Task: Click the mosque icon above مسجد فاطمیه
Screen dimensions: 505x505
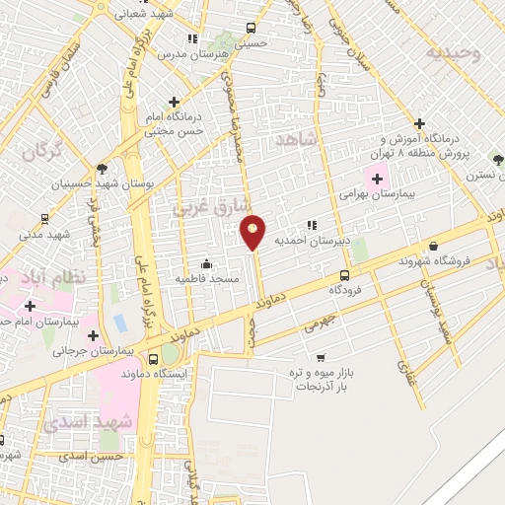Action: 205,263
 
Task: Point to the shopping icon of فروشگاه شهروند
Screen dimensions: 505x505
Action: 433,247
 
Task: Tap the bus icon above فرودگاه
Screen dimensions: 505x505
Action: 344,276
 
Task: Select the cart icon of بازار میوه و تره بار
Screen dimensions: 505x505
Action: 321,358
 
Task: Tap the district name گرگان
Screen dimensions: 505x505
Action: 41,152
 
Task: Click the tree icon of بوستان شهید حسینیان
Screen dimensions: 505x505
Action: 102,168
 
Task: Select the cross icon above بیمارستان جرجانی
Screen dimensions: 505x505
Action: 93,334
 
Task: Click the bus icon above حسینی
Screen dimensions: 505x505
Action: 252,28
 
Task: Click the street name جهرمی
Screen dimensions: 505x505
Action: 321,320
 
